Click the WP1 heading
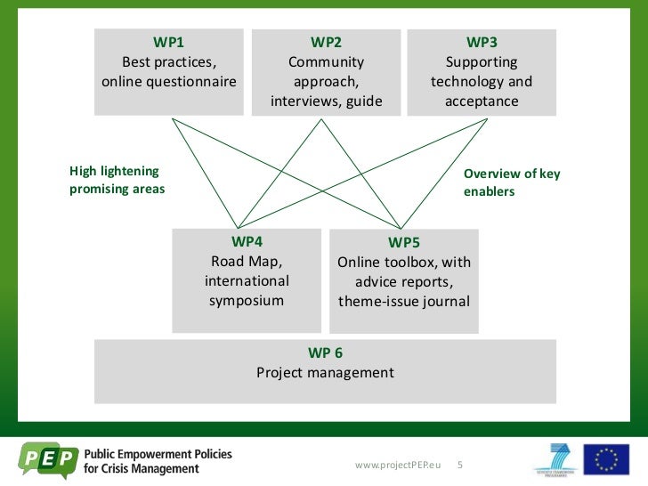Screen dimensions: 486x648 pos(169,42)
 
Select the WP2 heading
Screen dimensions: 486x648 pos(326,42)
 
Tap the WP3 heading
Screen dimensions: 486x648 pos(482,42)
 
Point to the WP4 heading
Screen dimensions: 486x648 pos(247,240)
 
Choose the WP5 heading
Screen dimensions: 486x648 pos(404,242)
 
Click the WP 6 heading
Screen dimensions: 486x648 pos(325,352)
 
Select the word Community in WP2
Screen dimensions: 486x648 pos(326,62)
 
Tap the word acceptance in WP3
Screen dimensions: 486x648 pos(482,101)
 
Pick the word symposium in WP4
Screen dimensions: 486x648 pos(247,300)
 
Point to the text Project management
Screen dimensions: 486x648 pos(325,372)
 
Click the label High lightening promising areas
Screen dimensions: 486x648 pos(117,181)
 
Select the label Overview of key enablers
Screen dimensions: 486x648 pos(512,182)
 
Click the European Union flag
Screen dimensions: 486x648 pos(606,460)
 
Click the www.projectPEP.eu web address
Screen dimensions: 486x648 pos(398,466)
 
